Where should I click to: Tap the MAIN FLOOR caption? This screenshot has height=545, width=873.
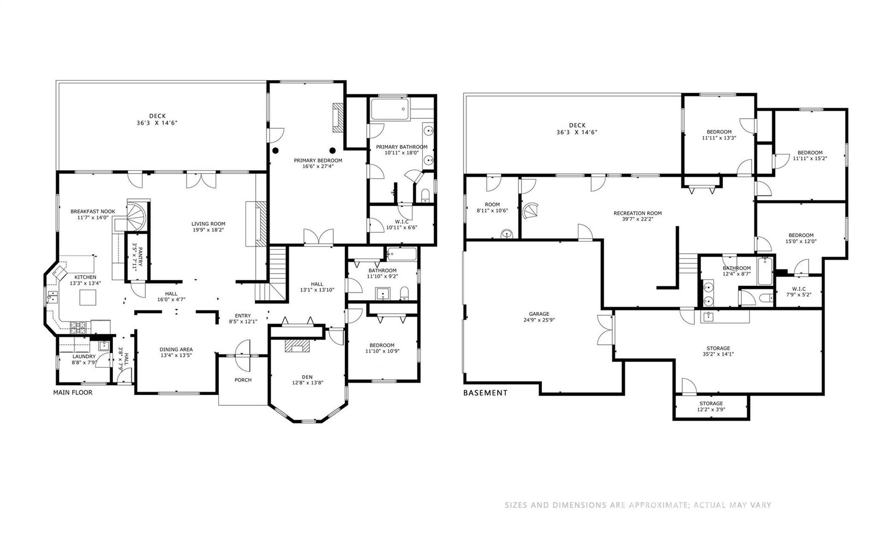tap(73, 392)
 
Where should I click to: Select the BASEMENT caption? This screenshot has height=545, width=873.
tap(485, 393)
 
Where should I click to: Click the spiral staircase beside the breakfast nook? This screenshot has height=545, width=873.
tap(136, 216)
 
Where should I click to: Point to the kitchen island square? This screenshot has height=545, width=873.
tap(88, 297)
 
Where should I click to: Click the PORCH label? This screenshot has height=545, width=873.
tap(243, 380)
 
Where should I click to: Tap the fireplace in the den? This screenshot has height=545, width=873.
tap(297, 345)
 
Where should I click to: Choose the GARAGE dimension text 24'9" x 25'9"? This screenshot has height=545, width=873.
tap(539, 320)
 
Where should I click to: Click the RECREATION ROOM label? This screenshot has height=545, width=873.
tap(638, 213)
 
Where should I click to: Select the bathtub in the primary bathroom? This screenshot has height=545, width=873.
tap(390, 109)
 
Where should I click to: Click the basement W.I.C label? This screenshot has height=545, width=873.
tap(799, 289)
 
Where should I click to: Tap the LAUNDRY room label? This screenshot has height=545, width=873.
tap(84, 356)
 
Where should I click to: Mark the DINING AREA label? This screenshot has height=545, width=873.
tap(176, 350)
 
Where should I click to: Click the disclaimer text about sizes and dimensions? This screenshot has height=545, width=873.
tap(638, 505)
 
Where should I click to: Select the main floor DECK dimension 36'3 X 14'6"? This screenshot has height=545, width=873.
tap(158, 123)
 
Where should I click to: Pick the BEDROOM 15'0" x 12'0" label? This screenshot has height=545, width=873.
tap(801, 238)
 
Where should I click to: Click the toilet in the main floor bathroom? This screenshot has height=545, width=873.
tap(404, 294)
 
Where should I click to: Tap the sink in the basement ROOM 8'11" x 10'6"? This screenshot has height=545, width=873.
tap(507, 233)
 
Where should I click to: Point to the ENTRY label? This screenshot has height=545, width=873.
tap(243, 315)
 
